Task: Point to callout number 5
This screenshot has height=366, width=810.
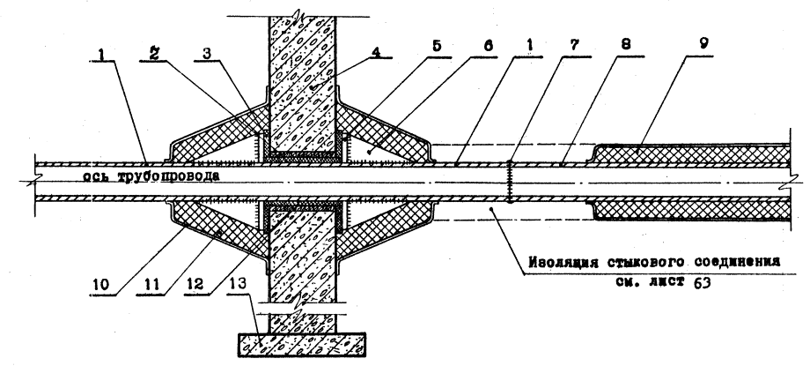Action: coord(437,46)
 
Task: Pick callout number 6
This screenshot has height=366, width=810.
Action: coord(487,46)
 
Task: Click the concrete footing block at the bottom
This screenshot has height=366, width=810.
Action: coord(302,345)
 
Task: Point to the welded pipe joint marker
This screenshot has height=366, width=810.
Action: coord(510,181)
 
